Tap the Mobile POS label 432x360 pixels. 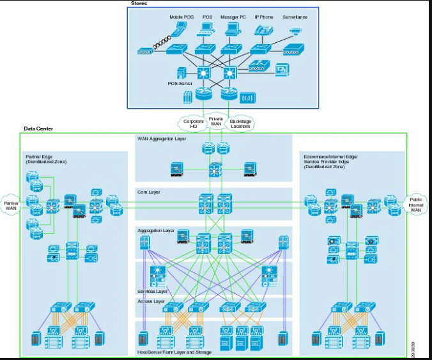tap(181, 17)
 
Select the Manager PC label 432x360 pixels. tap(233, 17)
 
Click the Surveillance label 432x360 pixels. tap(295, 17)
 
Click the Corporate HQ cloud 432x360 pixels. tap(194, 122)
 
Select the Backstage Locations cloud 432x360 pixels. tap(240, 122)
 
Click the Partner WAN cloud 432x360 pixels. tap(10, 204)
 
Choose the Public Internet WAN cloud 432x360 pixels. tap(416, 205)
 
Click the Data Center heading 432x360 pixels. tap(38, 129)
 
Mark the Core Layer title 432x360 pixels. tap(149, 191)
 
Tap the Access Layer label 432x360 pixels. tap(150, 301)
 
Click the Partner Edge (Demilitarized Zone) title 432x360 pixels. tap(46, 159)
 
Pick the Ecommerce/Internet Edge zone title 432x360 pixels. tap(331, 159)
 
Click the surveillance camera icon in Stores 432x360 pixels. tap(295, 30)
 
